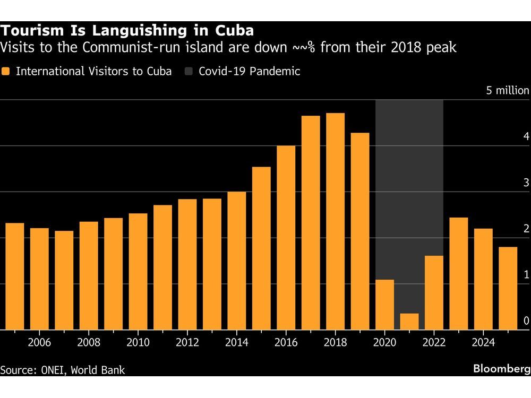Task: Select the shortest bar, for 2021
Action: pyautogui.click(x=409, y=322)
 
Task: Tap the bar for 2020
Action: pyautogui.click(x=384, y=305)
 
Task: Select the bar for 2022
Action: pyautogui.click(x=434, y=293)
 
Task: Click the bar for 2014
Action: pyautogui.click(x=237, y=261)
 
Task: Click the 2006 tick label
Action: pyautogui.click(x=39, y=342)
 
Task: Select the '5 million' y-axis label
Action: pyautogui.click(x=508, y=91)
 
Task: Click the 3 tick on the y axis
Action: pyautogui.click(x=526, y=183)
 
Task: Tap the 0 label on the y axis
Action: pyautogui.click(x=526, y=321)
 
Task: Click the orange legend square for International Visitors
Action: pyautogui.click(x=6, y=72)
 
